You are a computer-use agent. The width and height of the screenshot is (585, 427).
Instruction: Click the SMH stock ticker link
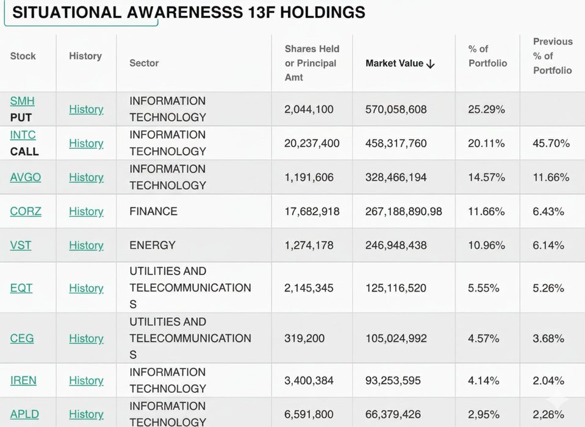22,101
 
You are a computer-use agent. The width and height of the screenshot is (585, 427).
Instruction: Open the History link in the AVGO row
86,178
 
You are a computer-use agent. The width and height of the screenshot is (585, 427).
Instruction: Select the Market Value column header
394,63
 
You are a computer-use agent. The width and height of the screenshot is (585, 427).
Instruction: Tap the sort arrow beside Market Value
431,64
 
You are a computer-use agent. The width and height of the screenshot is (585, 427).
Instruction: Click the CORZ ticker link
26,212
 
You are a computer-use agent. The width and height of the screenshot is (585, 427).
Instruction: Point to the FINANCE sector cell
153,212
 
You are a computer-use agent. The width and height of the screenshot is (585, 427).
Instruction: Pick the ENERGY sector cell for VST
152,245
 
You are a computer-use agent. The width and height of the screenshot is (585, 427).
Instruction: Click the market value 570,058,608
396,110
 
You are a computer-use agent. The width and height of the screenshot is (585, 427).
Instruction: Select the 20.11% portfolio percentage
486,143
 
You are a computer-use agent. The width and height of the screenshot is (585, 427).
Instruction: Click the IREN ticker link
23,381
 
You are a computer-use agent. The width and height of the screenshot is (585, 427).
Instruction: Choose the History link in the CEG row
86,339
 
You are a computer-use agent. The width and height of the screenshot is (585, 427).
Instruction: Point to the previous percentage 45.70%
551,143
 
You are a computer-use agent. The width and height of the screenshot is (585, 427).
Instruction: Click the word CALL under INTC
24,151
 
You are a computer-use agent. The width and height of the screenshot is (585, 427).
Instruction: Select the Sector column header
144,63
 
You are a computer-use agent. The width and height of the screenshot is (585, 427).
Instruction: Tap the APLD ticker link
24,414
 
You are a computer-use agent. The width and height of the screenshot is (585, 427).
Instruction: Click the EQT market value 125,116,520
396,288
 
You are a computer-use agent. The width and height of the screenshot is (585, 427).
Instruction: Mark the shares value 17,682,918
312,212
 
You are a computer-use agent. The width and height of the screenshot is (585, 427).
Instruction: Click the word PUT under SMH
21,117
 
